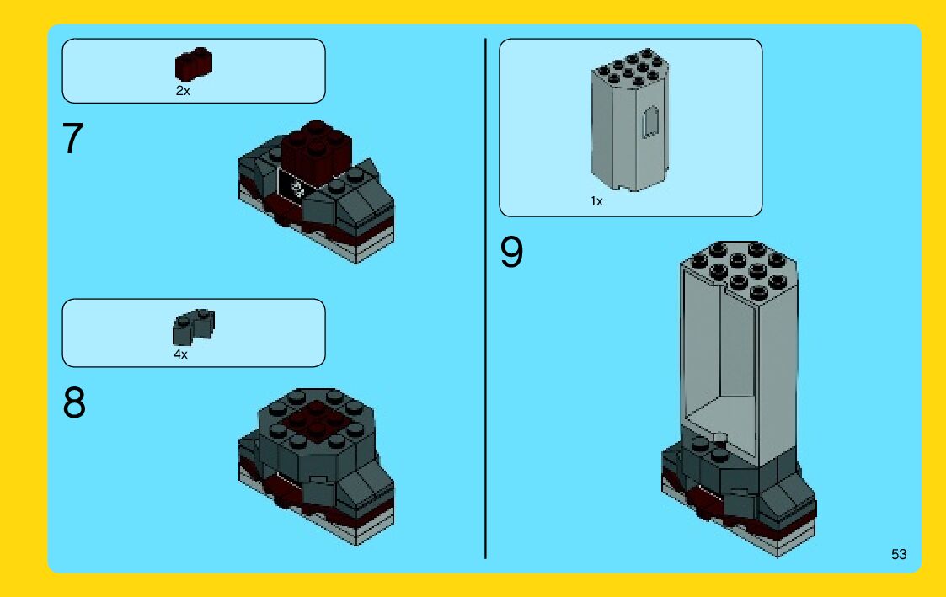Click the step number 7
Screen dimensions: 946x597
point(72,138)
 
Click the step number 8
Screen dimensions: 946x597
point(74,402)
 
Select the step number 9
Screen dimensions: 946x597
point(511,252)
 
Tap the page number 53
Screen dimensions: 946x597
point(898,554)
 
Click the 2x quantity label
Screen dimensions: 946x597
point(182,90)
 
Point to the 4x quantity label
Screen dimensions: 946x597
point(180,354)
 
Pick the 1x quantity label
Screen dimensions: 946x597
point(596,201)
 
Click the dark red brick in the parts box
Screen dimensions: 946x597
point(194,64)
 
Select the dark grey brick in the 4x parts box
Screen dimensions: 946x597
point(194,327)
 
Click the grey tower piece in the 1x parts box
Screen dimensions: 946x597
point(630,120)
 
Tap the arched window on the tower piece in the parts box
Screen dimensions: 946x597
point(650,122)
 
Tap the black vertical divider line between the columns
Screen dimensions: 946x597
point(485,298)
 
